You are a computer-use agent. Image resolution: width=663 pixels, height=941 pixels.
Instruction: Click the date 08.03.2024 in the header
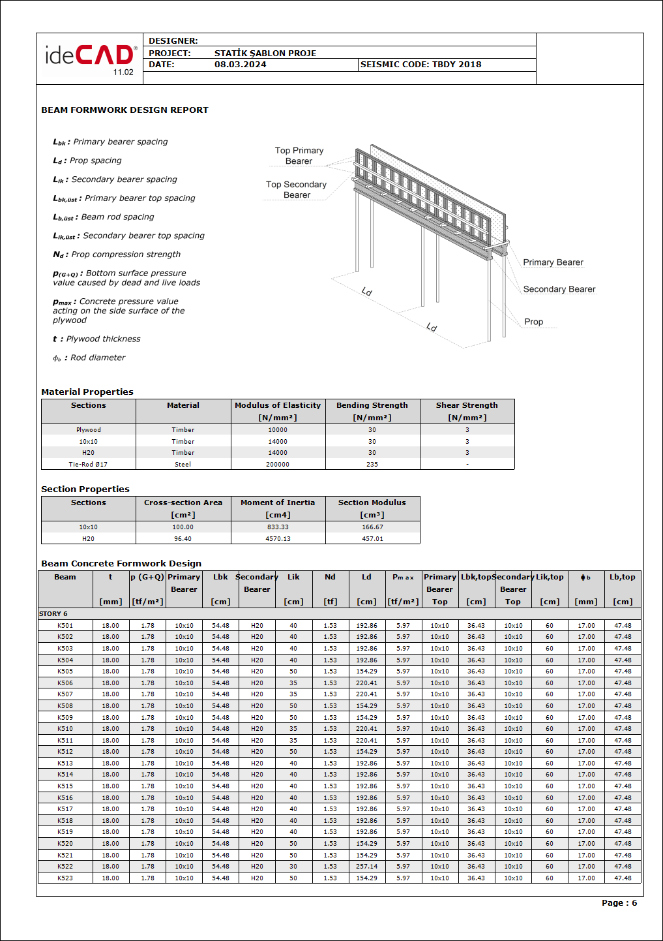240,65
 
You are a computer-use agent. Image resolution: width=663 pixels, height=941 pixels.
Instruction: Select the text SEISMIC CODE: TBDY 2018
420,65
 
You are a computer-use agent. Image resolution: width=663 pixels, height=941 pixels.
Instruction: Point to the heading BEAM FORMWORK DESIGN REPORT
125,110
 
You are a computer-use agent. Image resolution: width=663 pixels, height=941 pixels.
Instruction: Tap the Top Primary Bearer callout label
299,156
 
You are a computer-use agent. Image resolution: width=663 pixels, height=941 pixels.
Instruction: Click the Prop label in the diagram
533,322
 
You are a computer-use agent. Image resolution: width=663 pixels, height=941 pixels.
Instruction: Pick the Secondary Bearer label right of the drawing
559,289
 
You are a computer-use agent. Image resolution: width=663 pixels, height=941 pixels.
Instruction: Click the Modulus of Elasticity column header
278,405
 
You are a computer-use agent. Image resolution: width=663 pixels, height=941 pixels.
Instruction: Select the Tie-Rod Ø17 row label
88,465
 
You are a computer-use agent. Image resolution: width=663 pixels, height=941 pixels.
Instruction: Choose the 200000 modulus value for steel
278,465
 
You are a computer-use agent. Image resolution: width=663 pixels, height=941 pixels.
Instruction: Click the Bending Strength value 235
372,465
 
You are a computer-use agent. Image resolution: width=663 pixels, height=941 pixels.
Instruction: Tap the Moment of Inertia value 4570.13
278,539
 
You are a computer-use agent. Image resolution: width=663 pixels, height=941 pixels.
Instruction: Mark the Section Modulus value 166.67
372,527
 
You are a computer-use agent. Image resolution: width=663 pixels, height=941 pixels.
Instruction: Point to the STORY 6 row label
53,614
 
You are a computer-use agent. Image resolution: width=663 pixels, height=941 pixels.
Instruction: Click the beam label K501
65,626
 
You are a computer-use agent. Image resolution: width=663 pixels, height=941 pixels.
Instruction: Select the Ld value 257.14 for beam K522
366,867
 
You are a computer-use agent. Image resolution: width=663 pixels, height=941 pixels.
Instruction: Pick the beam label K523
65,878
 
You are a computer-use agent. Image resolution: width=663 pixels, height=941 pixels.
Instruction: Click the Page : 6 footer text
619,903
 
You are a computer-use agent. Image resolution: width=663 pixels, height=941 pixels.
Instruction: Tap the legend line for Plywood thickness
96,339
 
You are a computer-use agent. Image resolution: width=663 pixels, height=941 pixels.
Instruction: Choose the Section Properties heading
85,489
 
